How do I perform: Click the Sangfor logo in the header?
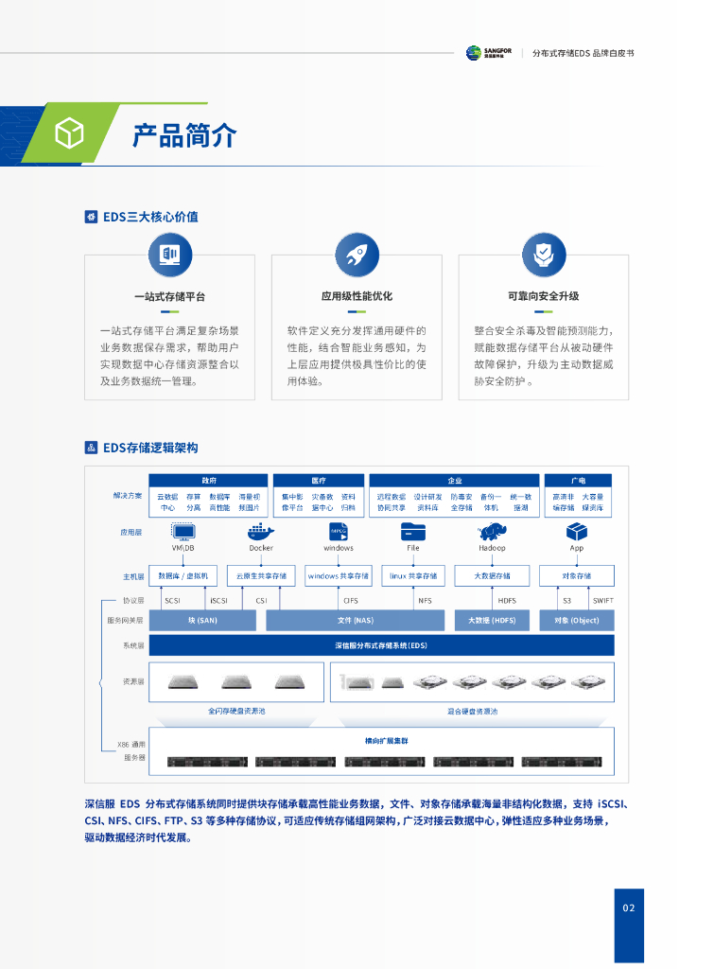tap(488, 53)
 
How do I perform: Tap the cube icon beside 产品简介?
tap(69, 134)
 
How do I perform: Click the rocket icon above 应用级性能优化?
tap(357, 254)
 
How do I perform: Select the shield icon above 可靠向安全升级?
tap(543, 254)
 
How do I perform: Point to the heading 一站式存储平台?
tap(169, 296)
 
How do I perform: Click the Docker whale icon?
tap(261, 532)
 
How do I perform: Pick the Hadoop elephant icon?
tap(492, 532)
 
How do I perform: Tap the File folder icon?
tap(413, 532)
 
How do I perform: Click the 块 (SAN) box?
tap(202, 620)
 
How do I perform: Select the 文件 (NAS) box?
tap(356, 620)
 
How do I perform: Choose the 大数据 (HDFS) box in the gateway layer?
tap(492, 620)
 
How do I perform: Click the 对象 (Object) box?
tap(576, 620)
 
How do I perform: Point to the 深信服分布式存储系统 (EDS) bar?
tap(381, 645)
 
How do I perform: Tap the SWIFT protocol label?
tap(602, 600)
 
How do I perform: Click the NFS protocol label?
tap(425, 600)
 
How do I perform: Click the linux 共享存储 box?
tap(413, 575)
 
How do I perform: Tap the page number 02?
tap(629, 908)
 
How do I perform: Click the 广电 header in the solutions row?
tap(577, 481)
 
